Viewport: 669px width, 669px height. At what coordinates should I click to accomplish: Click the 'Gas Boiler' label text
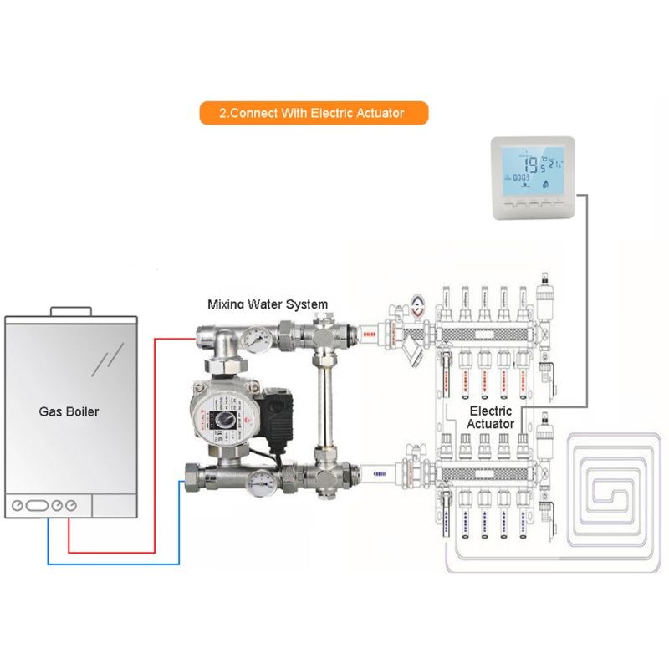(x=69, y=411)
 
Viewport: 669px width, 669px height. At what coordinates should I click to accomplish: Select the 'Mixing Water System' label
(x=268, y=304)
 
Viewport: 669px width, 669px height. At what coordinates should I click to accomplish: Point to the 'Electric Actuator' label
(x=490, y=417)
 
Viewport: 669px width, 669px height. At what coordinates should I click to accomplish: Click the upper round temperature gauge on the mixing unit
(x=253, y=339)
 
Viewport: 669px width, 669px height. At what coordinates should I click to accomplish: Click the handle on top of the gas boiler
(x=71, y=311)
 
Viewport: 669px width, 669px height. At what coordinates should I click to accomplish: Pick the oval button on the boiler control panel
(x=36, y=505)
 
